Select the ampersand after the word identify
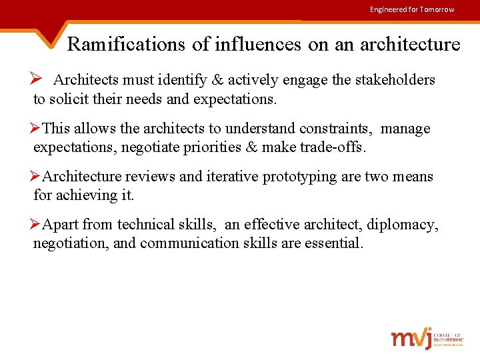pos(217,81)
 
